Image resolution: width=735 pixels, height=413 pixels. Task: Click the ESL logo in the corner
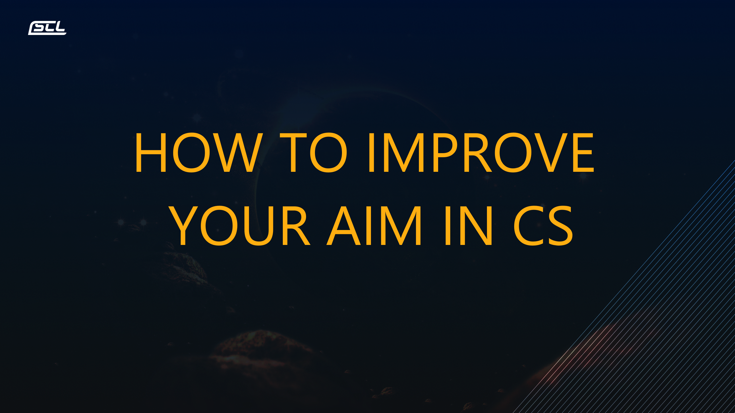[x=47, y=28]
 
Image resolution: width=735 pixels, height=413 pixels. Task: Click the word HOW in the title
[x=199, y=152]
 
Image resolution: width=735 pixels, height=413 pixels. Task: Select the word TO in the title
[x=314, y=152]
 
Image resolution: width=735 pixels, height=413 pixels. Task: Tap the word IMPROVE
[x=481, y=152]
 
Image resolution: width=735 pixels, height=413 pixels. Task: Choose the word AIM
[x=374, y=226]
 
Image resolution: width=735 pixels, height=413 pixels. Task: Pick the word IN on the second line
[x=469, y=226]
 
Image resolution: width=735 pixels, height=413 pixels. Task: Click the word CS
[x=543, y=226]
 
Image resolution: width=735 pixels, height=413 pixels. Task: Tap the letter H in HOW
[x=151, y=153]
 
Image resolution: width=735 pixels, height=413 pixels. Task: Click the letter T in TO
[x=293, y=153]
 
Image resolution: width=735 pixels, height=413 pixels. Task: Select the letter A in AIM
[x=344, y=226]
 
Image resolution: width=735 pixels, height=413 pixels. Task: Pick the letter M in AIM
[x=401, y=226]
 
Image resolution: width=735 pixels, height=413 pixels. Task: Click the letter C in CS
[x=529, y=226]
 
